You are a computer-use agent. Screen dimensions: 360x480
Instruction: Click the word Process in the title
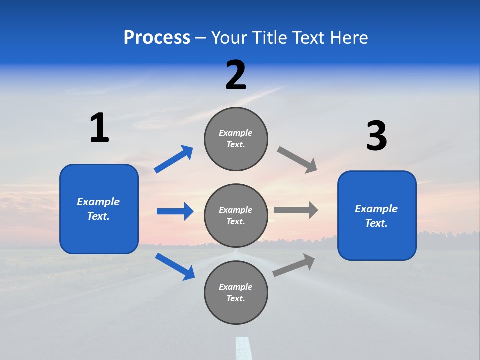pyautogui.click(x=157, y=38)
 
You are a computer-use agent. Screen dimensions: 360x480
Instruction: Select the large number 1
pyautogui.click(x=99, y=128)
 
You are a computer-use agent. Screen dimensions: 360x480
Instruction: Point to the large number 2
pyautogui.click(x=236, y=75)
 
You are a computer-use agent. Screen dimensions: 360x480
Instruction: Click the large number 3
pyautogui.click(x=376, y=136)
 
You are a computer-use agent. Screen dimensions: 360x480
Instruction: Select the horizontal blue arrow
pyautogui.click(x=175, y=211)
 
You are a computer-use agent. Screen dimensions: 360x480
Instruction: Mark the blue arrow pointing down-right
pyautogui.click(x=175, y=266)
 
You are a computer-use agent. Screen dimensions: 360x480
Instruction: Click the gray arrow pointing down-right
pyautogui.click(x=297, y=160)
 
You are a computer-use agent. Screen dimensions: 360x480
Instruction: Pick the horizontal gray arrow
pyautogui.click(x=296, y=210)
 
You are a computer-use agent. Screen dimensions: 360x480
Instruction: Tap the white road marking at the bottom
pyautogui.click(x=243, y=348)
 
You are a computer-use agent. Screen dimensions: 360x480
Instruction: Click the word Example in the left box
pyautogui.click(x=98, y=202)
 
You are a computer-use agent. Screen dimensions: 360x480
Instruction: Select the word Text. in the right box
pyautogui.click(x=376, y=223)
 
